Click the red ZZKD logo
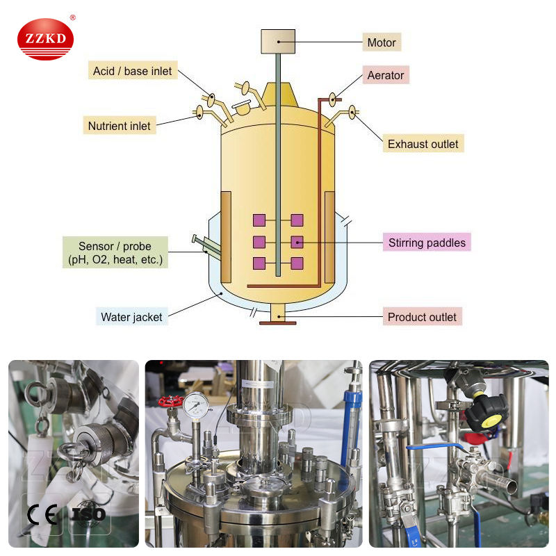pyautogui.click(x=45, y=38)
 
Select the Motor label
pyautogui.click(x=382, y=42)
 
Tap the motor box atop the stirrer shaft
pyautogui.click(x=277, y=42)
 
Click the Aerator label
pyautogui.click(x=386, y=75)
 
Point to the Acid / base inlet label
pyautogui.click(x=133, y=71)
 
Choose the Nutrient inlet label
pyautogui.click(x=119, y=126)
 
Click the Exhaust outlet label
pyautogui.click(x=423, y=144)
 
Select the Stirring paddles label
pyautogui.click(x=427, y=243)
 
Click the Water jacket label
pyautogui.click(x=131, y=317)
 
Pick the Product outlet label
pyautogui.click(x=422, y=317)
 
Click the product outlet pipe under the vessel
pyautogui.click(x=277, y=314)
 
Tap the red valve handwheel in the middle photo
pyautogui.click(x=170, y=402)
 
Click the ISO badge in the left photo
pyautogui.click(x=89, y=514)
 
